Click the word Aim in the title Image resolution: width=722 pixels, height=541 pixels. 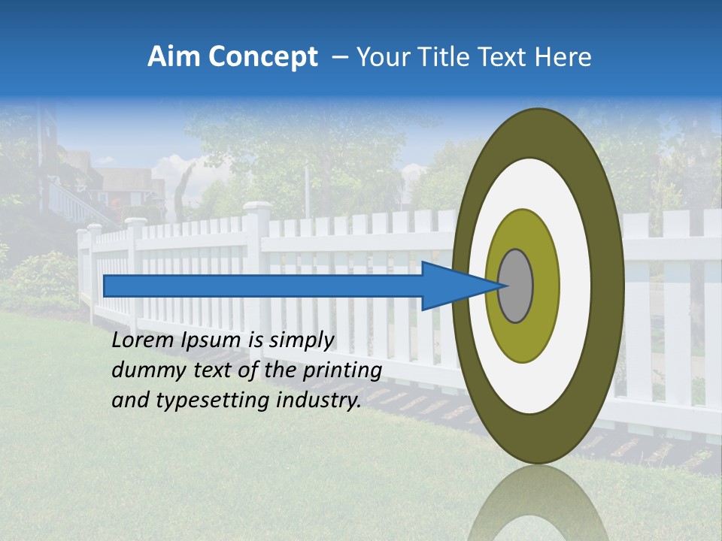[171, 57]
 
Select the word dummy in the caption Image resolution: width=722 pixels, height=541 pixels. [148, 370]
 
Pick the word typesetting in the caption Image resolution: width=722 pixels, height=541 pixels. [208, 400]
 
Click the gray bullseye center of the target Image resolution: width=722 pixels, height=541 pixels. [516, 286]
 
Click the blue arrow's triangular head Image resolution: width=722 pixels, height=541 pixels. [451, 286]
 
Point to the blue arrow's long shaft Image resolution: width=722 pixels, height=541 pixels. [263, 286]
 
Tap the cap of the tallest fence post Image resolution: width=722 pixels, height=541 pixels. [257, 207]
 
